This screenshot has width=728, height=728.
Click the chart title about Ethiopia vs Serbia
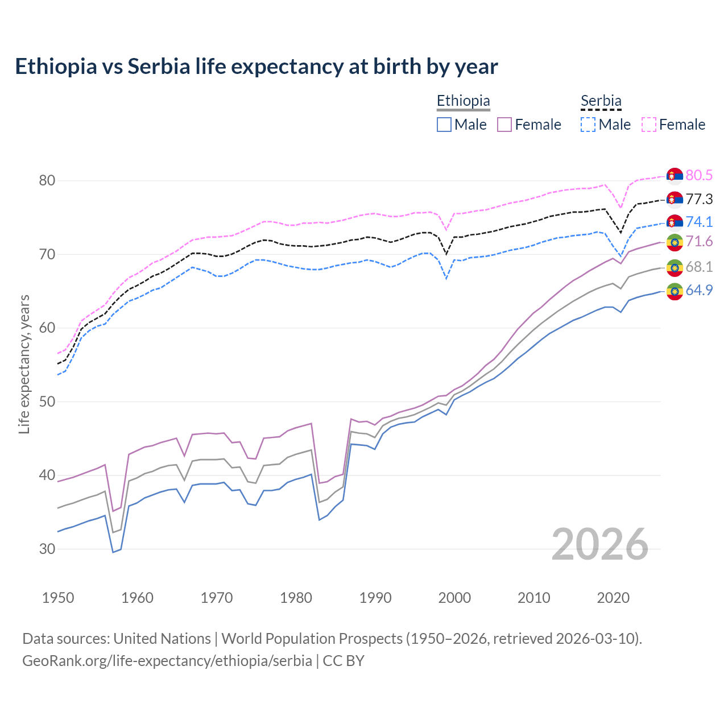257,67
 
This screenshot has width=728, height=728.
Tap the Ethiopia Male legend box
444,125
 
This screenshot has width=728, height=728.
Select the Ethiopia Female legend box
504,125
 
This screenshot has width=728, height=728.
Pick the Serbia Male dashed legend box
588,125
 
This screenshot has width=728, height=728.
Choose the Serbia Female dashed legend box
649,125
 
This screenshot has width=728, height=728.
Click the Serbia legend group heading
601,101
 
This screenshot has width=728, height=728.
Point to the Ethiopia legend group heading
463,101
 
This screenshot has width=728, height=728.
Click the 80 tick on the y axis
47,181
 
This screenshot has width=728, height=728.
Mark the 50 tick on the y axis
47,402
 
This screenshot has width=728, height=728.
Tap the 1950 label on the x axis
58,598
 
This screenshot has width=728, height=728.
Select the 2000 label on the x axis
454,598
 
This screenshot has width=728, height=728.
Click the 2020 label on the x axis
613,598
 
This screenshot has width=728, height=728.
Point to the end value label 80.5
699,175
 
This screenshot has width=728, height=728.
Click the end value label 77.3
699,199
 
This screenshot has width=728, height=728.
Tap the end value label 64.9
699,290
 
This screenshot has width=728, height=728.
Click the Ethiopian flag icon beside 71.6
675,242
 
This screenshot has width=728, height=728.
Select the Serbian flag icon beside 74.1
675,222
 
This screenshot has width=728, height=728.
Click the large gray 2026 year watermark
600,544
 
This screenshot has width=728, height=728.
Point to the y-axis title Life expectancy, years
24,364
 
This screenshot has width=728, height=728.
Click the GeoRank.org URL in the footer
167,661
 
